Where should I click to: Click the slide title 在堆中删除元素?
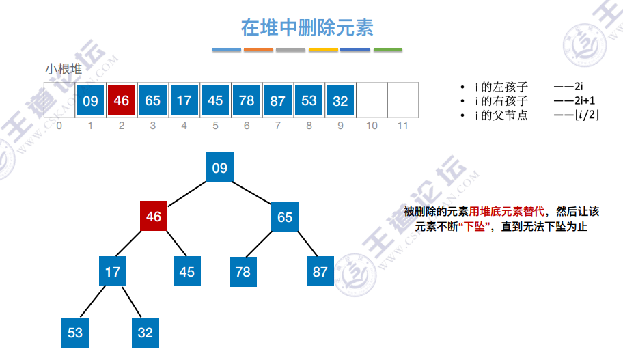tap(307, 28)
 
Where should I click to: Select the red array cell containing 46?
tap(122, 100)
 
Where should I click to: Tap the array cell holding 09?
tap(90, 100)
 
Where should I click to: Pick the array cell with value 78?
tap(247, 100)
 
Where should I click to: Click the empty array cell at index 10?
tap(372, 100)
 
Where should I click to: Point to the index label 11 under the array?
tap(403, 126)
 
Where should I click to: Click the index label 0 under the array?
tap(59, 126)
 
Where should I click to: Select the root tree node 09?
tap(220, 167)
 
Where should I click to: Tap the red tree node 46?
tap(154, 216)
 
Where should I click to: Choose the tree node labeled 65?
tap(285, 217)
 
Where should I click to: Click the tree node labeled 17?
tap(113, 271)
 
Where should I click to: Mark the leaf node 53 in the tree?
tap(75, 333)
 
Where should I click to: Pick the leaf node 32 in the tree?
tap(146, 333)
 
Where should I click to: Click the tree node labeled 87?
tap(320, 271)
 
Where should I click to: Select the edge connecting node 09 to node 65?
tap(252, 193)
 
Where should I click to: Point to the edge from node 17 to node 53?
tap(93, 301)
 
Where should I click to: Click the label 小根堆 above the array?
tap(64, 69)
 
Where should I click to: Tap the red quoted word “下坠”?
tap(474, 227)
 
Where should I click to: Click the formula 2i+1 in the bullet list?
tap(585, 100)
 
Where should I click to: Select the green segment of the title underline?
tap(388, 50)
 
